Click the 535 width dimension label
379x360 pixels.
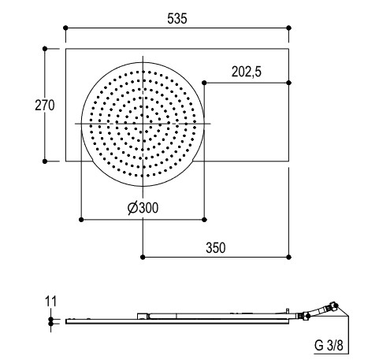coord(177,19)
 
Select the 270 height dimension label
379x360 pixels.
coord(45,106)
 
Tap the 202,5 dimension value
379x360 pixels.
coord(247,72)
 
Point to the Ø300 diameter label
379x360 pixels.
coord(143,208)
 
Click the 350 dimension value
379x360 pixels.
coord(216,248)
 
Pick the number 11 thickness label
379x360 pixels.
coord(50,301)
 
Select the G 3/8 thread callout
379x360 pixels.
coord(329,345)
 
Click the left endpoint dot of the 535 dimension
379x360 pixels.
coord(65,28)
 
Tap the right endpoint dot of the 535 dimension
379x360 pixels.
coord(288,28)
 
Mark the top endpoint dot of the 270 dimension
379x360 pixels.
coord(45,49)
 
